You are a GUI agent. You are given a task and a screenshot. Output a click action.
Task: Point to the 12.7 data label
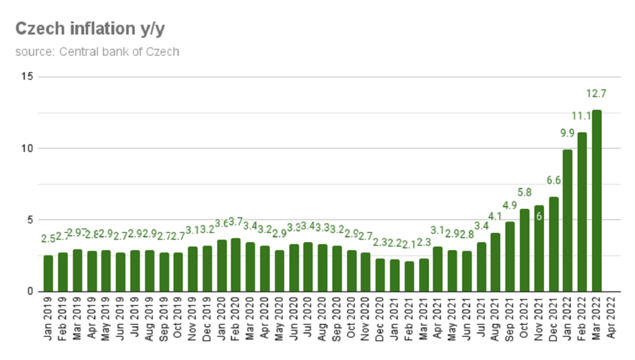[596, 93]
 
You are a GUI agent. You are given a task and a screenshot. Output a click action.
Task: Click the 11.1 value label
[581, 116]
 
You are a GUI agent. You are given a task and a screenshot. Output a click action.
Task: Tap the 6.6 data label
[553, 181]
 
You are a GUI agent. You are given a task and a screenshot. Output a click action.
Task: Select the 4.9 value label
[509, 205]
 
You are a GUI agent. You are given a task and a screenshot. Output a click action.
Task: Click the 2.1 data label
[409, 244]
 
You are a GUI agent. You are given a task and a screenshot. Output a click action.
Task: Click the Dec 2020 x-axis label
[380, 320]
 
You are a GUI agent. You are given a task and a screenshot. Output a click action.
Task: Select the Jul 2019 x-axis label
[135, 320]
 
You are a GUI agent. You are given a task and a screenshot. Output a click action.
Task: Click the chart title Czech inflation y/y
[90, 29]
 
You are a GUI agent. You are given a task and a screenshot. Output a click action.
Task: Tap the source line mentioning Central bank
[97, 52]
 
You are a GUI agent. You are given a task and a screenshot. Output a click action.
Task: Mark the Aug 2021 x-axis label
[495, 320]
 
